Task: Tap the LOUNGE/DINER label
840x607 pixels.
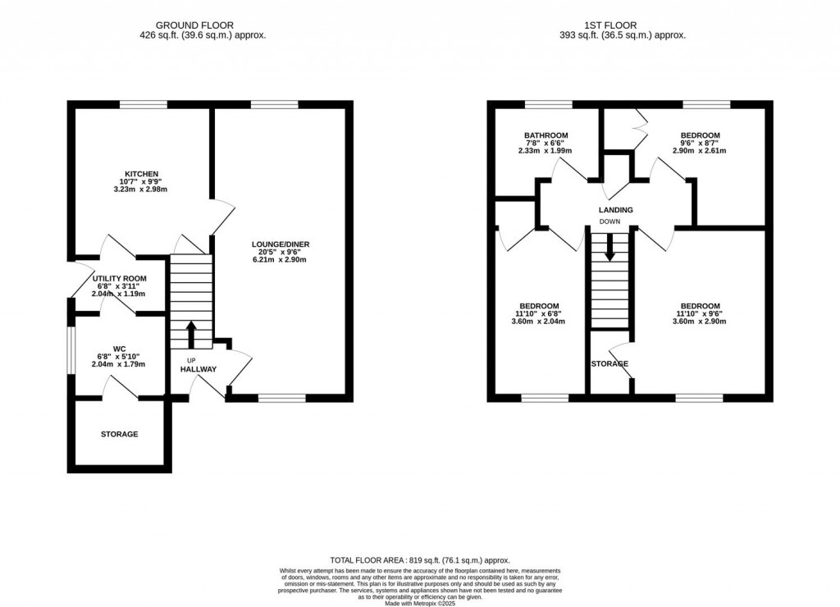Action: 281,244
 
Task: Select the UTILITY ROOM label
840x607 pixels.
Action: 120,279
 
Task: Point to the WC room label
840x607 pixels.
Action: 120,349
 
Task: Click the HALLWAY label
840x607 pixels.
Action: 199,369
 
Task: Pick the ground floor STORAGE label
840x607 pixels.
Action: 120,434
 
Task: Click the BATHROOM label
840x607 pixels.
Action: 546,135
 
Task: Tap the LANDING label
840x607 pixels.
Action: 616,210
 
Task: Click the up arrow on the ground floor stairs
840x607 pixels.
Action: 191,335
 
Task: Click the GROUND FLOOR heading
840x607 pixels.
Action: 194,25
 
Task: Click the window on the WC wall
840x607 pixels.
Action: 71,349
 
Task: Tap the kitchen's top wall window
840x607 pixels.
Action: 144,104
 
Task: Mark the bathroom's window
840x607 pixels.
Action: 548,104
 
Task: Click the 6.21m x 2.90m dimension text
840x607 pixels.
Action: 280,260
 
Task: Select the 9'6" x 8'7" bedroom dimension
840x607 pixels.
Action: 701,143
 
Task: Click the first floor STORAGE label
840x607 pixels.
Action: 609,363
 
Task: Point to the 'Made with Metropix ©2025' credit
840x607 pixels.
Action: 420,603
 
